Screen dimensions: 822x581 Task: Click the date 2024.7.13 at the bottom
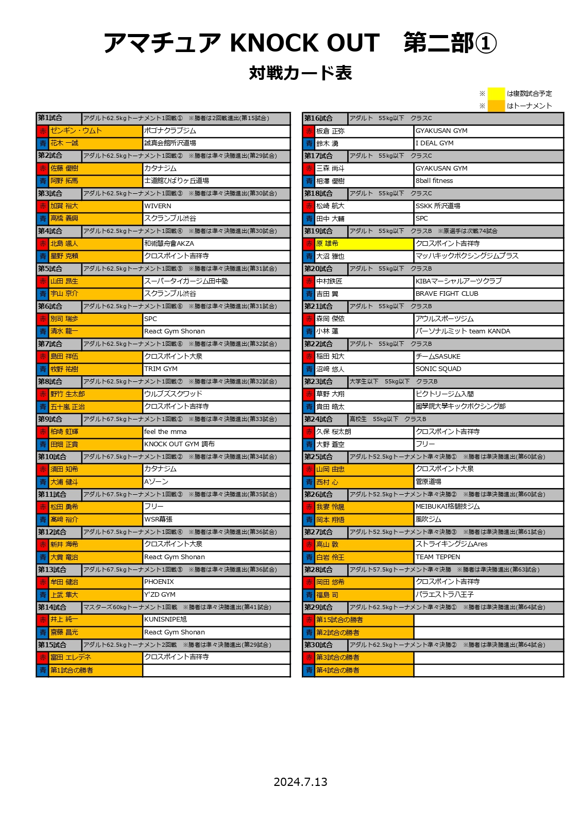point(300,782)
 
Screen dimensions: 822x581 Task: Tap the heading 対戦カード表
point(300,73)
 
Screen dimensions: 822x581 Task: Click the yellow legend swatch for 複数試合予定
point(496,93)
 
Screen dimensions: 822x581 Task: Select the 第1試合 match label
point(50,118)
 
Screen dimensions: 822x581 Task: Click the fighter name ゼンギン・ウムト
point(76,131)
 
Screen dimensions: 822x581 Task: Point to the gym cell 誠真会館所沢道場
point(170,143)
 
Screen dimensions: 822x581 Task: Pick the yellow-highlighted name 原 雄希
point(328,243)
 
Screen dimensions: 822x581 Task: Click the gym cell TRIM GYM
point(161,369)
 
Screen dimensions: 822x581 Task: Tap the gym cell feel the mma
point(165,432)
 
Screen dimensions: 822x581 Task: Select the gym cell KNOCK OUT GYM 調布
point(179,444)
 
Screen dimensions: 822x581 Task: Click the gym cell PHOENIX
point(159,582)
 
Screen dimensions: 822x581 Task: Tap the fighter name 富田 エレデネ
point(71,658)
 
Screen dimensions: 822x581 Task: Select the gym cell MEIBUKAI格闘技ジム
point(448,507)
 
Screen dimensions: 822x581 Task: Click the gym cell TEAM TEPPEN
point(438,557)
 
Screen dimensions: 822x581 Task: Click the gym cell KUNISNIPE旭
point(165,619)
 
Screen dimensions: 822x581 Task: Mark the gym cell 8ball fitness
point(434,181)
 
